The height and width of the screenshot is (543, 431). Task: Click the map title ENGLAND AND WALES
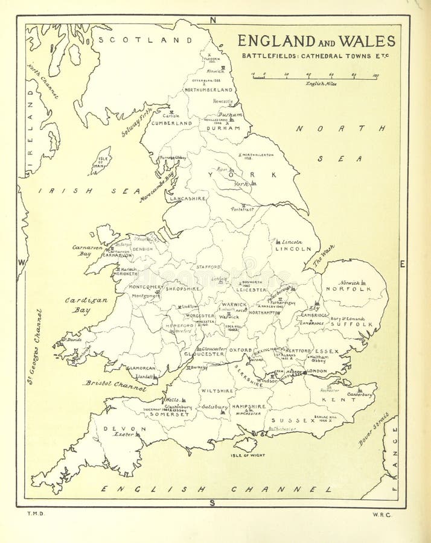pos(316,41)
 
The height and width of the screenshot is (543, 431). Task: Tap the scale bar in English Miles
pos(314,77)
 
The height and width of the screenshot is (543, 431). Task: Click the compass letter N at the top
pos(212,20)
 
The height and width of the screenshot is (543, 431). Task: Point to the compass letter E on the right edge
pos(403,264)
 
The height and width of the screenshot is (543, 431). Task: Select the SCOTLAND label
pos(144,40)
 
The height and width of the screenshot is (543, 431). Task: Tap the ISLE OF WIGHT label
pos(247,456)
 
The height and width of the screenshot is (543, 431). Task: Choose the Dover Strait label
pos(374,429)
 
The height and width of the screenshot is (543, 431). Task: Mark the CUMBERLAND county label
pos(171,123)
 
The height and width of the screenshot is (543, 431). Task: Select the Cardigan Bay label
pos(86,305)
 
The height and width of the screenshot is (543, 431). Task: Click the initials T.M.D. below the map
pos(33,513)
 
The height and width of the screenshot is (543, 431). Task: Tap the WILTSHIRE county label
pos(217,391)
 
